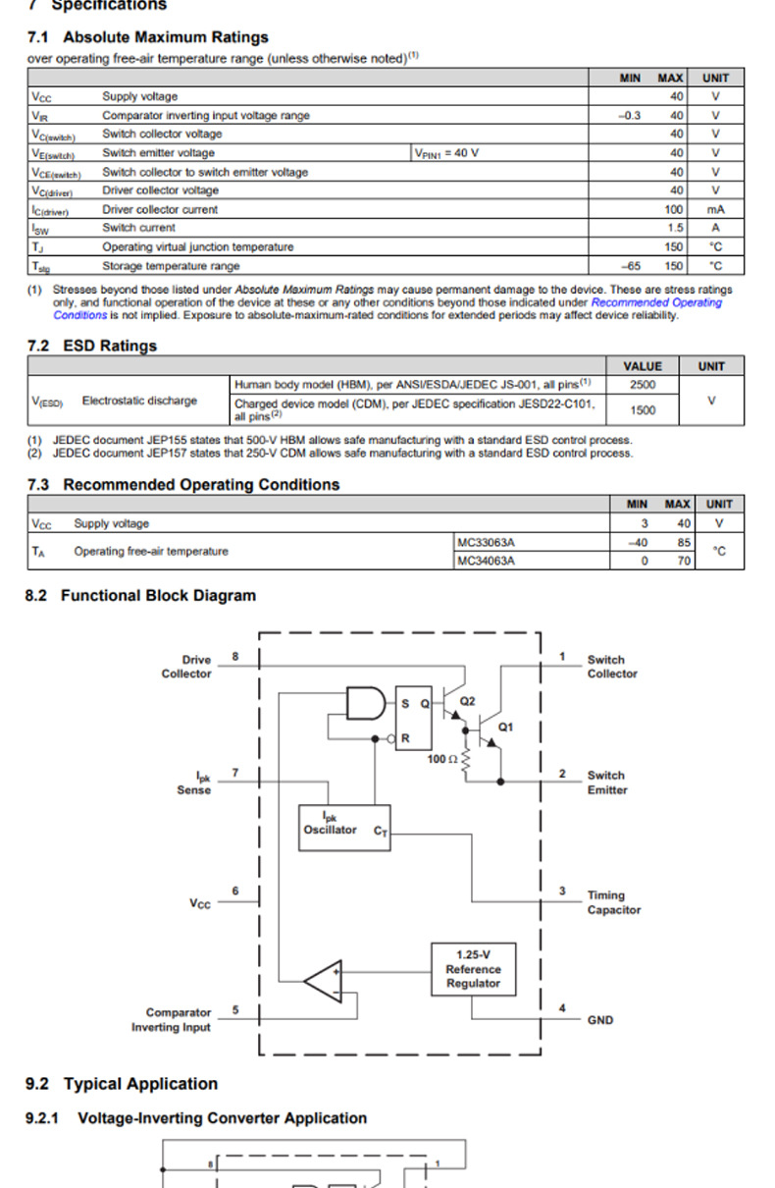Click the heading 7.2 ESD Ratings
tap(91, 346)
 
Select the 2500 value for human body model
tap(643, 385)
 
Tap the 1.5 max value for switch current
tap(676, 228)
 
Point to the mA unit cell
tap(715, 209)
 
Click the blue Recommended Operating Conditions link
tap(655, 303)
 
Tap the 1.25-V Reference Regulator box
tap(473, 969)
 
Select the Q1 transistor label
tap(505, 728)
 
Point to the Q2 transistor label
tap(467, 701)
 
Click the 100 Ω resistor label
tap(440, 759)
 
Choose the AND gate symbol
tap(365, 703)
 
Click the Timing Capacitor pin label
tap(613, 902)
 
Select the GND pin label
tap(600, 1020)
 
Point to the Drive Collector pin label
tap(186, 667)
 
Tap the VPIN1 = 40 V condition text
tap(446, 153)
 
